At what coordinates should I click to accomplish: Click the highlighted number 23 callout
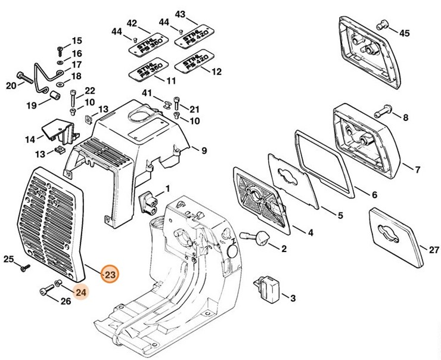click(110, 275)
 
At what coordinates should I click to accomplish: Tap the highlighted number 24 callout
click(80, 292)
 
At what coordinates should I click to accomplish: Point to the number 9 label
click(203, 150)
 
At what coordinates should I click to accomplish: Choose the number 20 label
click(11, 86)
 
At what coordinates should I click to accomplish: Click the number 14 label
click(30, 139)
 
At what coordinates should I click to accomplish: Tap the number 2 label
click(283, 249)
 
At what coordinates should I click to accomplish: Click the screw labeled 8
click(381, 111)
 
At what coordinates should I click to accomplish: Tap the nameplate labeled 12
click(191, 63)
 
